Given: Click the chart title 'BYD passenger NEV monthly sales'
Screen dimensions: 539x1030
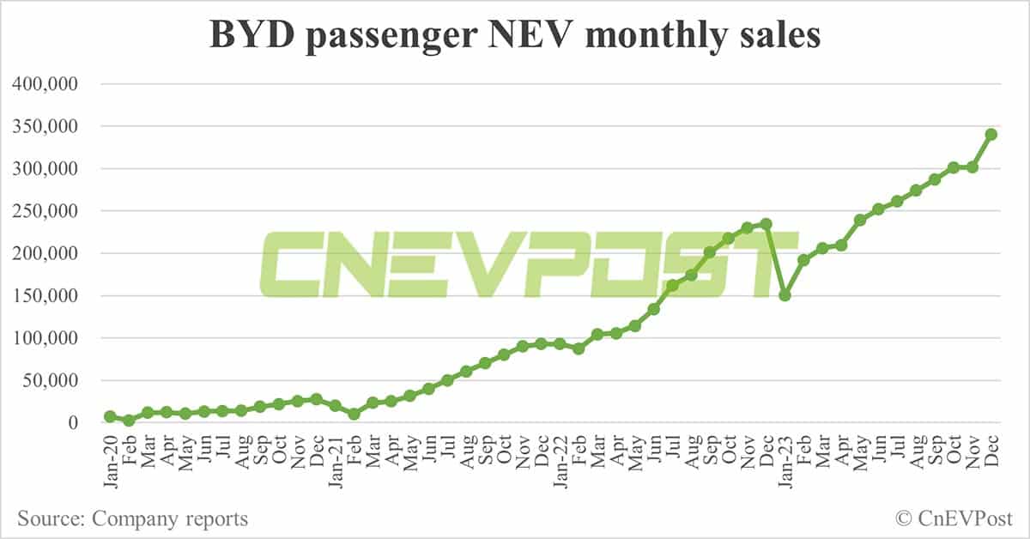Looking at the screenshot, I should coord(515,35).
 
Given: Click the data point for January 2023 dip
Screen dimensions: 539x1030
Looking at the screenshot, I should coord(785,295).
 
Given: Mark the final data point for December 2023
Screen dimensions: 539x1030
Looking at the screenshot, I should coord(991,134).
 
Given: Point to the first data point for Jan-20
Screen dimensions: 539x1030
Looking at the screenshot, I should coord(110,416).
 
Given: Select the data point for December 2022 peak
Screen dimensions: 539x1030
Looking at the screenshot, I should coord(766,224).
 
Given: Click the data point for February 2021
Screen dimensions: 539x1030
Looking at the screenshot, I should coord(354,414).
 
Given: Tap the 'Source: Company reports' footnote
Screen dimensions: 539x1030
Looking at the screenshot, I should coord(132,518).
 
